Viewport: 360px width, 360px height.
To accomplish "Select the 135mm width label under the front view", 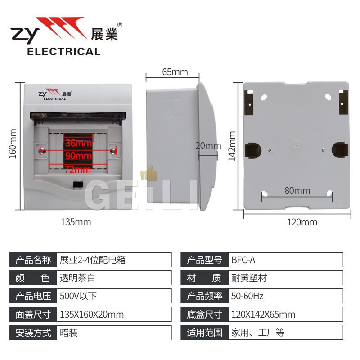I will click(x=76, y=222).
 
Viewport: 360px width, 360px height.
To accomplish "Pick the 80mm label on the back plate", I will click(x=297, y=191).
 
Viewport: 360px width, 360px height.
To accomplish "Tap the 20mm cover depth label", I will click(x=208, y=146).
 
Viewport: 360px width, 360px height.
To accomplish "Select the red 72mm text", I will click(x=77, y=170).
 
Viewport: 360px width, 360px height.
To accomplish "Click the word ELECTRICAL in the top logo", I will click(x=64, y=52).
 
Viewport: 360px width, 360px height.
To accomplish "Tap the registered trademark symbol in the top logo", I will click(x=120, y=25).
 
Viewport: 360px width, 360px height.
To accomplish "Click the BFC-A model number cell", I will click(x=243, y=260).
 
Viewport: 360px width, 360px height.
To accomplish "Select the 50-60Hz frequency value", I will click(x=247, y=296).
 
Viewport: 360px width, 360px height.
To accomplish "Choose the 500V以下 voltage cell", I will click(x=78, y=296).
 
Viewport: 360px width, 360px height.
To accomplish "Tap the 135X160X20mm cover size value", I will click(x=92, y=315).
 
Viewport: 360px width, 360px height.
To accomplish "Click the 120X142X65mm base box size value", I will click(x=263, y=315).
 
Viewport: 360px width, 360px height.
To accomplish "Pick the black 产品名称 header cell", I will click(x=33, y=260).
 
